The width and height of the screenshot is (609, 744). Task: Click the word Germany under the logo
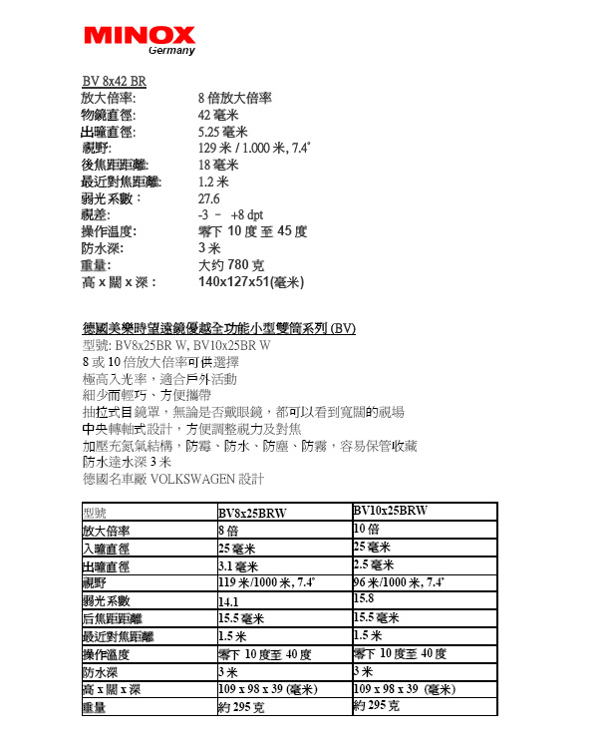point(171,51)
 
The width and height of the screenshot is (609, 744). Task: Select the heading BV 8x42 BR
point(114,82)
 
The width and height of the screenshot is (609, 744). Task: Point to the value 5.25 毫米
point(223,132)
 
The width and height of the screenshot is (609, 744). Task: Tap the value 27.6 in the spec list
point(209,197)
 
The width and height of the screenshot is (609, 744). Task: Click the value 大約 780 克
point(231,265)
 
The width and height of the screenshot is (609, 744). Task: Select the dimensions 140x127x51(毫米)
point(251,282)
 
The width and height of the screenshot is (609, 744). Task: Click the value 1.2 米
point(213,182)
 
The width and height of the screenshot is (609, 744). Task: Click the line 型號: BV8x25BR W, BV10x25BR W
point(176,345)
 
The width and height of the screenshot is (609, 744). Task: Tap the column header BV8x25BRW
point(252,514)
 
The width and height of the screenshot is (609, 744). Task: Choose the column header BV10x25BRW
point(391,511)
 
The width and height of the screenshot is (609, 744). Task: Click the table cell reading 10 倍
point(367,529)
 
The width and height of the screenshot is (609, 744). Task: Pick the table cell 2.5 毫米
point(374,564)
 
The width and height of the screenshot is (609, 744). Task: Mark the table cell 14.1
point(228,602)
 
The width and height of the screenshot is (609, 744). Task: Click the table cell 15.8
point(364,598)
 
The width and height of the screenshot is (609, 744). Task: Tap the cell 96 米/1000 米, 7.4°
point(399,582)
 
